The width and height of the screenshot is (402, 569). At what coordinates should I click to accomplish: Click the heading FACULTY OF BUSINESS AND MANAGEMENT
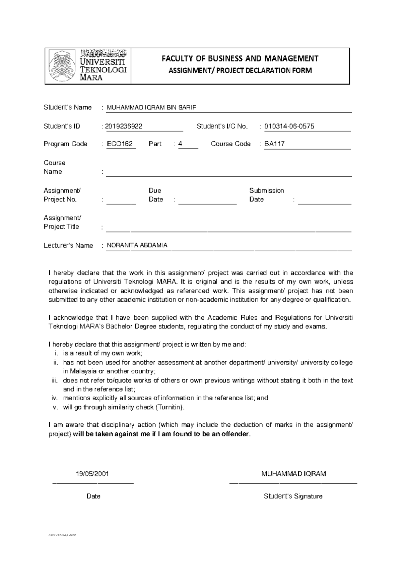(240, 59)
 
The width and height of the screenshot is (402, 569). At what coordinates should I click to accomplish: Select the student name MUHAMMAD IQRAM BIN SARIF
(151, 108)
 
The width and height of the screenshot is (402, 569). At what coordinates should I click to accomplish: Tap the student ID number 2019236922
(124, 126)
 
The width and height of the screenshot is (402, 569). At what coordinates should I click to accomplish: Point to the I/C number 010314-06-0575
(289, 126)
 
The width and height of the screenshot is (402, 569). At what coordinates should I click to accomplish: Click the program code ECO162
(120, 144)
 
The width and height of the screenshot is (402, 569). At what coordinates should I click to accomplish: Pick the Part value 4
(180, 144)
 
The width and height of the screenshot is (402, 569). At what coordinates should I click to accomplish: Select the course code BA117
(274, 144)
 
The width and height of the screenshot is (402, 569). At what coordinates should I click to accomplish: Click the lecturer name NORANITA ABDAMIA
(137, 246)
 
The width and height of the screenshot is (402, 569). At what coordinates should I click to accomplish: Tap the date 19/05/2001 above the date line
(92, 474)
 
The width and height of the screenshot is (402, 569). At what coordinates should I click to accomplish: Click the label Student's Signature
(293, 497)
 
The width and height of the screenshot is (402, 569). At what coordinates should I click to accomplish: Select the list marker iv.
(55, 398)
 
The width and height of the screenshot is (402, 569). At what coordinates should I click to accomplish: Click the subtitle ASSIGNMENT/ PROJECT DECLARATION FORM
(240, 71)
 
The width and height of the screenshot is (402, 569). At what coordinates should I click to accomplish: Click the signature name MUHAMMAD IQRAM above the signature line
(293, 474)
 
